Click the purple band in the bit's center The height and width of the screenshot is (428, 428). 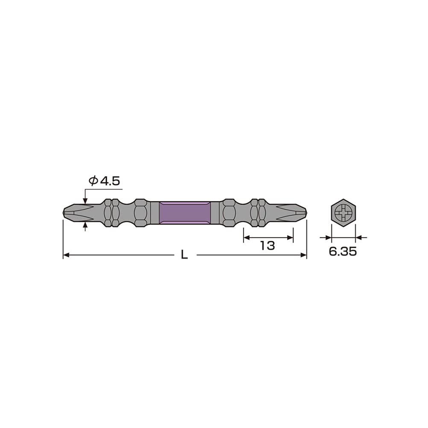click(185, 212)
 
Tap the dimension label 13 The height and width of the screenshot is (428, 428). click(268, 246)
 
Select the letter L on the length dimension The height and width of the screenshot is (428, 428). click(184, 255)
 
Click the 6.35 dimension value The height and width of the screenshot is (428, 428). click(343, 252)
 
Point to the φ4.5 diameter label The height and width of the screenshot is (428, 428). click(105, 181)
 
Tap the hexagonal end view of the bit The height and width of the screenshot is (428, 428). click(343, 212)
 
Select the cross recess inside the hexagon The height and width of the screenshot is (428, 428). click(343, 212)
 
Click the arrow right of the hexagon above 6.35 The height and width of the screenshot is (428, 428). click(358, 237)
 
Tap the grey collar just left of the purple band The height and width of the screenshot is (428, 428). click(154, 212)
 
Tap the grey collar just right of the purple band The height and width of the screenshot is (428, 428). click(215, 212)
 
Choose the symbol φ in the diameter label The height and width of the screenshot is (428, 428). click(93, 181)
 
